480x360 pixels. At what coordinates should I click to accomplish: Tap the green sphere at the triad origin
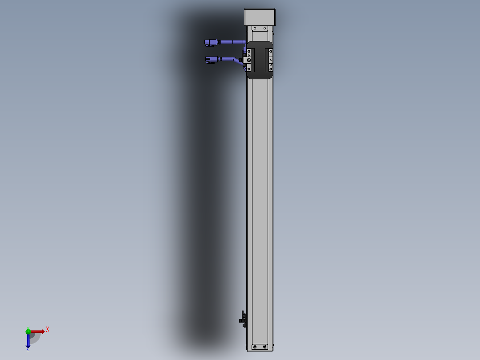tap(28, 331)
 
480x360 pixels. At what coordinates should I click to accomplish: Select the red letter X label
tap(47, 330)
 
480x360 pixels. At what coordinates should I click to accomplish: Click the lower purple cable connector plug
tap(212, 59)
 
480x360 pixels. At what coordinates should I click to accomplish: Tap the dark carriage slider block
tap(260, 60)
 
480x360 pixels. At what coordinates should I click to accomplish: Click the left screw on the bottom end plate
tap(255, 347)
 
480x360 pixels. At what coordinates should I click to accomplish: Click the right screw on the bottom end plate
tap(265, 347)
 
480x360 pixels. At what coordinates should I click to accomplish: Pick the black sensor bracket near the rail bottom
tap(243, 318)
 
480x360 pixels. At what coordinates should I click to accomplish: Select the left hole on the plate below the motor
tap(255, 29)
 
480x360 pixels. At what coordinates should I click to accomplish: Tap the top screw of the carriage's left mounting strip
tap(249, 51)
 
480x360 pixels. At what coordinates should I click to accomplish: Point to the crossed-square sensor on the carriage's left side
tap(249, 60)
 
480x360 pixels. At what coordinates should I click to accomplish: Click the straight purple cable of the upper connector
tap(232, 42)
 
